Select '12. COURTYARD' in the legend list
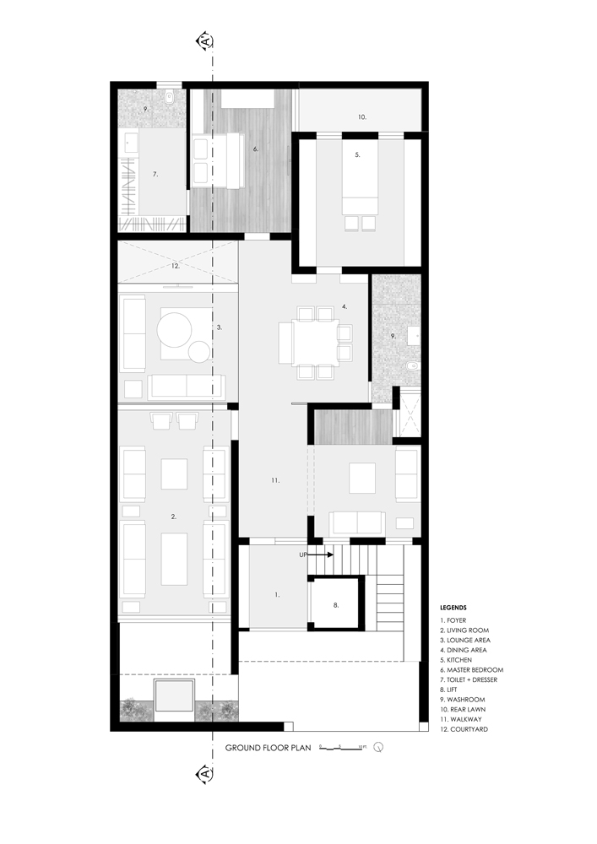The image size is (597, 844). [464, 729]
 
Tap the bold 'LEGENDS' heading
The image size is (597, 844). [454, 607]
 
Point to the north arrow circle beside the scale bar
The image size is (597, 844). [378, 747]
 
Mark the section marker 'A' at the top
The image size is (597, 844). [204, 41]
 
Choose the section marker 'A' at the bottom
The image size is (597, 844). [204, 773]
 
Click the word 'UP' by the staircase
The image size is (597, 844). [302, 555]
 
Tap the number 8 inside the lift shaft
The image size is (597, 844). [335, 605]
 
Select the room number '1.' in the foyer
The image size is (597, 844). [277, 595]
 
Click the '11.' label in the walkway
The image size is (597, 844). [275, 480]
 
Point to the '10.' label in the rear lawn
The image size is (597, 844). [361, 116]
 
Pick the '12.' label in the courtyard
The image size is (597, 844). [175, 266]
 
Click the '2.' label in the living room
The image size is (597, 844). [173, 516]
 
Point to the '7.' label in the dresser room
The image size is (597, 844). [155, 174]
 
